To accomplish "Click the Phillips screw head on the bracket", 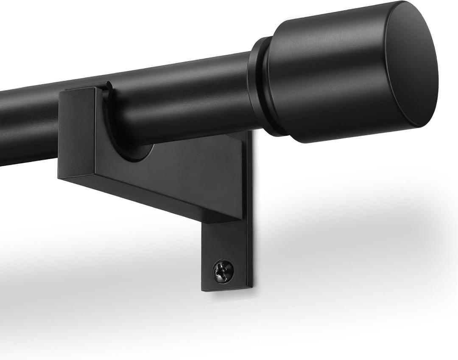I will click(x=223, y=270).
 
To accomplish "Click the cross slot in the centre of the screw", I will click(x=223, y=270).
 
